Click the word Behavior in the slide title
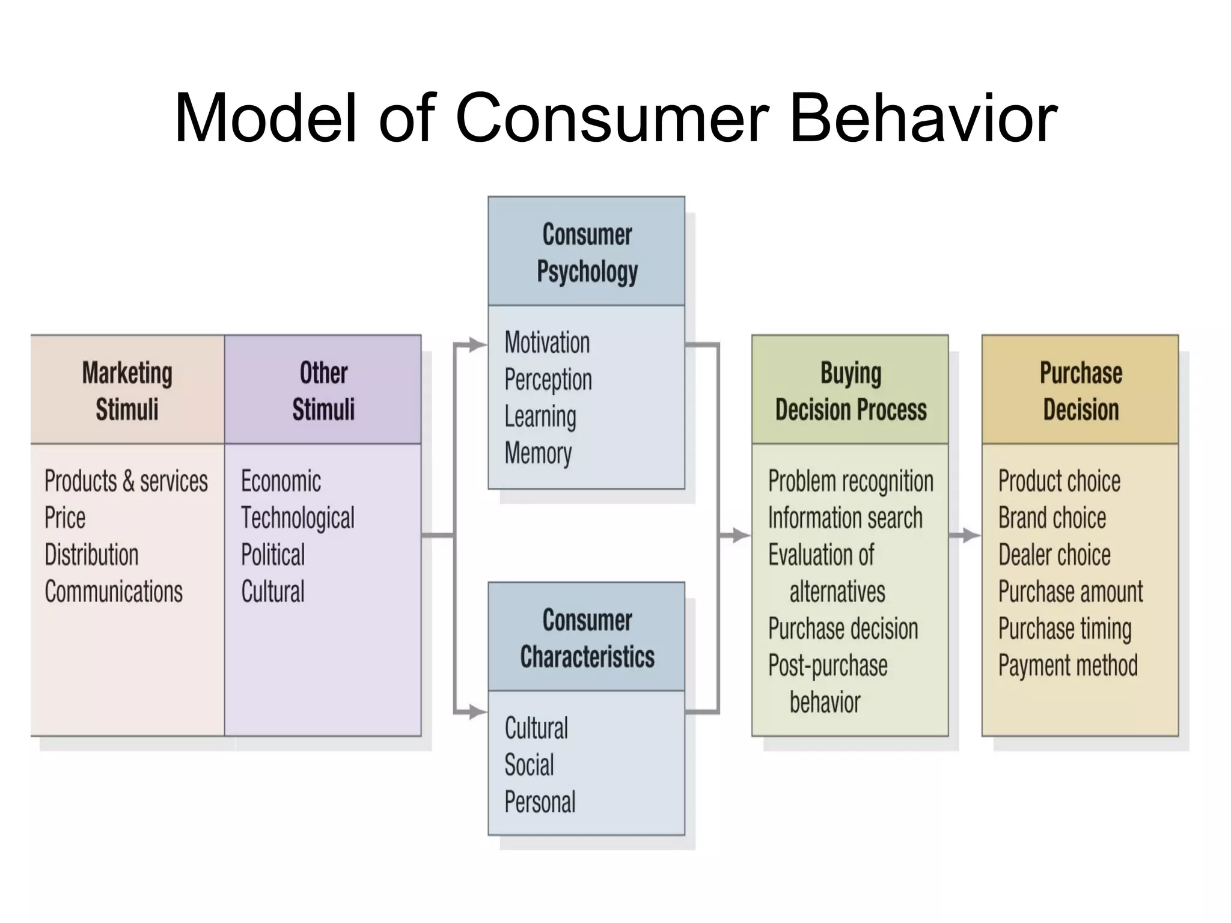(x=923, y=118)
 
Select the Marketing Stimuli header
(x=127, y=391)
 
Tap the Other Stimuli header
(x=323, y=391)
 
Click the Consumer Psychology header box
(x=587, y=252)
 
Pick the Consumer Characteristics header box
(x=587, y=638)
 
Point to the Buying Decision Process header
(x=851, y=391)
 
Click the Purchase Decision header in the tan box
(x=1080, y=391)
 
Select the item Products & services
(x=126, y=481)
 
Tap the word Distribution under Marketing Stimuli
(x=91, y=555)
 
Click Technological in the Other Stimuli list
(x=298, y=518)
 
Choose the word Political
(x=273, y=555)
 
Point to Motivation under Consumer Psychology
(x=547, y=343)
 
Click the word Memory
(x=538, y=453)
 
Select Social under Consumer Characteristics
(x=529, y=765)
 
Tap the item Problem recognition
(x=851, y=481)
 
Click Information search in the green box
(x=845, y=518)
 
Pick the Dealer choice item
(x=1054, y=555)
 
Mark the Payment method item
(x=1068, y=665)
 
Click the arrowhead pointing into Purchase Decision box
(x=972, y=535)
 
